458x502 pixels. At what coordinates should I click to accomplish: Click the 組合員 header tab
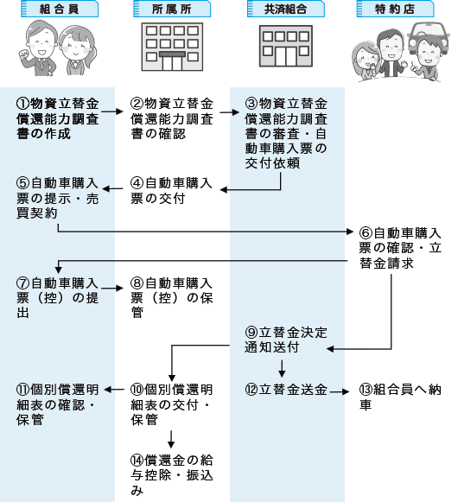[60, 9]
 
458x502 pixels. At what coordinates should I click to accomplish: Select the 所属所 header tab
[172, 9]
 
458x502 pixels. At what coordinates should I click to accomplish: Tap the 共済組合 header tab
[286, 9]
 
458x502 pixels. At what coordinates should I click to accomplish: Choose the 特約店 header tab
[395, 9]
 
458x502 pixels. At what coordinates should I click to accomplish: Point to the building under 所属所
[172, 47]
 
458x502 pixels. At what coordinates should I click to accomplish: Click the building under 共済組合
[286, 46]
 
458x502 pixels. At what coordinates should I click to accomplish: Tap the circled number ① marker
[22, 104]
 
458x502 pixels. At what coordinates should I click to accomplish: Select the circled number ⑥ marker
[366, 232]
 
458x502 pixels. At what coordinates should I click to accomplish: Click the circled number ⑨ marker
[251, 333]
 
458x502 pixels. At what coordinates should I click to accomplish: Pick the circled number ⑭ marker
[137, 460]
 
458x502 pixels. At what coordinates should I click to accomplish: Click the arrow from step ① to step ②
[112, 111]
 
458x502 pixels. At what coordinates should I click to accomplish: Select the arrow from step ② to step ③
[229, 112]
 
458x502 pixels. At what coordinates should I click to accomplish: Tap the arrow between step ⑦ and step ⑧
[112, 288]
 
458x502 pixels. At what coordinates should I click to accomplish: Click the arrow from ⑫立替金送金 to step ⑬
[339, 391]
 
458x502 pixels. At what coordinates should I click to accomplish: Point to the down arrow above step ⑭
[171, 439]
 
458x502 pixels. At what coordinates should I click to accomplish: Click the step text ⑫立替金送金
[286, 390]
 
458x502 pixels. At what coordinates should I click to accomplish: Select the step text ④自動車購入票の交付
[171, 191]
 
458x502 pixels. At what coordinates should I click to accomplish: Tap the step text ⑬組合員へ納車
[400, 397]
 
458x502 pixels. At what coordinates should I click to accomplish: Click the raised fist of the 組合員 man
[23, 54]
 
